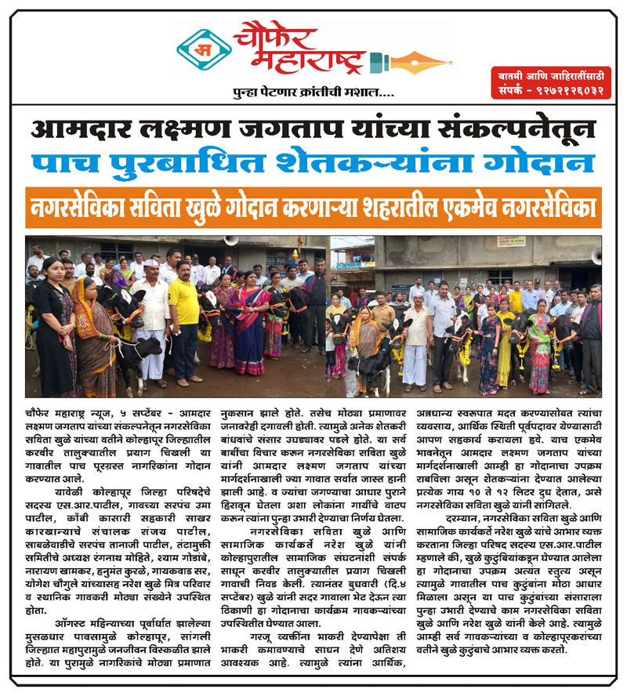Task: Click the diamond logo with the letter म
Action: [203, 49]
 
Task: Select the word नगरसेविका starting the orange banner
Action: [80, 208]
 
